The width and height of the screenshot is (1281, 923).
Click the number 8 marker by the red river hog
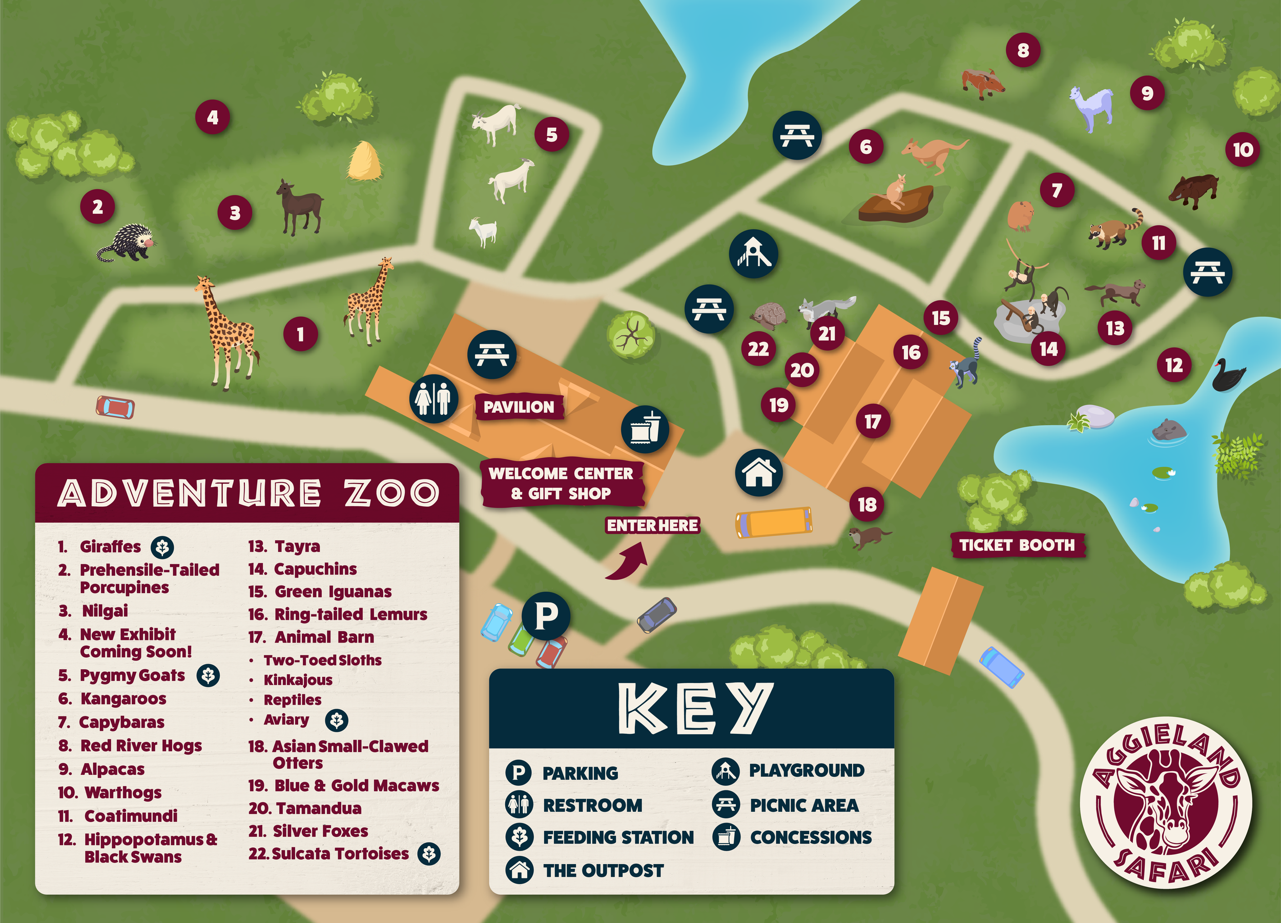point(1023,51)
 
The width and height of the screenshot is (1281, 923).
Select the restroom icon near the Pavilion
point(433,398)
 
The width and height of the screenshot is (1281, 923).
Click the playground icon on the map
point(753,254)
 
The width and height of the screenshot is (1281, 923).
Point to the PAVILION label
point(519,407)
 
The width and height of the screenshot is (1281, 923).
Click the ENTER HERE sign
point(652,526)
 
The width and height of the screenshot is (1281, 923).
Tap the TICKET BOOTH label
point(1017,545)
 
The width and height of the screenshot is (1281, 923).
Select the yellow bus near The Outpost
point(774,521)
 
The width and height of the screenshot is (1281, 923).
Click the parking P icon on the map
point(546,615)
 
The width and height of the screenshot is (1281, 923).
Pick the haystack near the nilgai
point(364,162)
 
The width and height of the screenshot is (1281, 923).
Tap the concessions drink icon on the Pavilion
point(645,430)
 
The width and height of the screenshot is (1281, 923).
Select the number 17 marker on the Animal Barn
point(873,422)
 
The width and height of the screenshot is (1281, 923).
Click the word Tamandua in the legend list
point(319,808)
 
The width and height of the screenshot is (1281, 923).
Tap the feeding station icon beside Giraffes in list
point(162,547)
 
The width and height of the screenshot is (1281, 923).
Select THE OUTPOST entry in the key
point(603,870)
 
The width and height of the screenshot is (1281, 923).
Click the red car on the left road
point(115,407)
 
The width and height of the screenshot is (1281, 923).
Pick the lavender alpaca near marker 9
point(1092,107)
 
